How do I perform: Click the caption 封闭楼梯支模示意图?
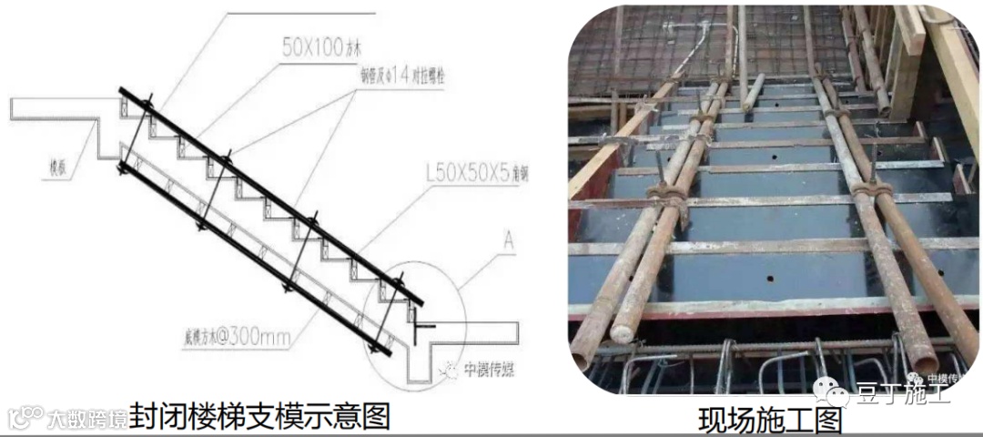[259, 416]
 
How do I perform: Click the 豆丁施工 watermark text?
[901, 394]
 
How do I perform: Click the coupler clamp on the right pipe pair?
[871, 189]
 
